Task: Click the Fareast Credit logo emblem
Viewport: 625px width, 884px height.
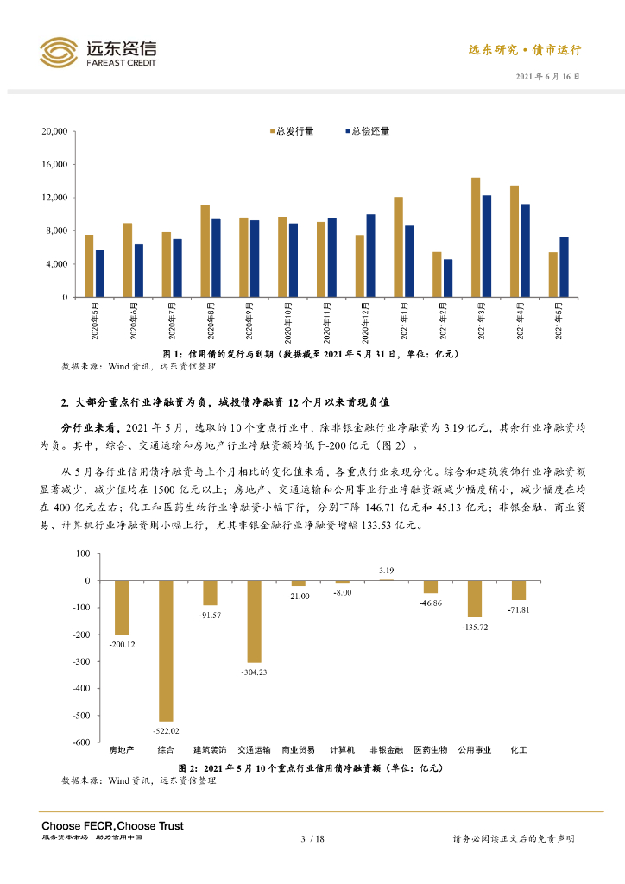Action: (x=58, y=52)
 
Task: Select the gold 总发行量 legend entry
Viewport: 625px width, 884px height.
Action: (x=290, y=131)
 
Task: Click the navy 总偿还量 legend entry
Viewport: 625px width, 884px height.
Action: (x=367, y=131)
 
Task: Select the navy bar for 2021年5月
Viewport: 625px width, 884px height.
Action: (x=564, y=267)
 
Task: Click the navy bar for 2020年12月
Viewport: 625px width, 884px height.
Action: (x=370, y=256)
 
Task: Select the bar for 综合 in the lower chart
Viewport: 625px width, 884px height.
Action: (x=167, y=650)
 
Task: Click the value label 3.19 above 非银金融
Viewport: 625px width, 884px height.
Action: (x=386, y=571)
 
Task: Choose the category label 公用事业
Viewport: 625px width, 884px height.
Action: (x=474, y=749)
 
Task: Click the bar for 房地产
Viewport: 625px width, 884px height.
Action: (x=122, y=607)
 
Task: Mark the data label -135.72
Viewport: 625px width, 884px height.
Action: (x=474, y=625)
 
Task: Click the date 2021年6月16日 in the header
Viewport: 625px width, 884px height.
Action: (x=547, y=77)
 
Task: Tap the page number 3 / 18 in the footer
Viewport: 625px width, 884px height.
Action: (x=312, y=838)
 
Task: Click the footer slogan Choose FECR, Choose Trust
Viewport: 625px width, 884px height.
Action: (x=112, y=826)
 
